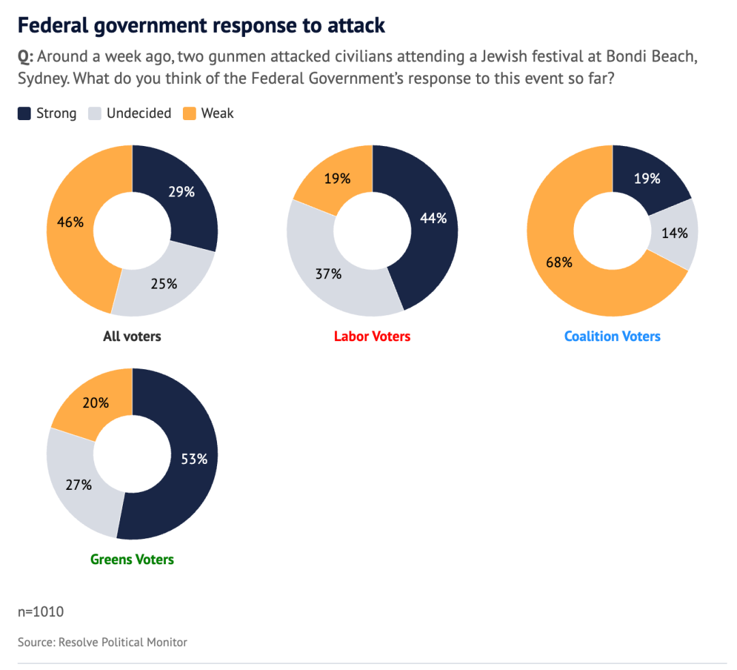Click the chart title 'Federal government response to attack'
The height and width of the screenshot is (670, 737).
[201, 26]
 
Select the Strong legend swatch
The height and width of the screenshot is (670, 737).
[25, 114]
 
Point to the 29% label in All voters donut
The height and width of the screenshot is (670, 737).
[182, 192]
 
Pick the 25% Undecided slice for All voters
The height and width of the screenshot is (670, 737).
[163, 283]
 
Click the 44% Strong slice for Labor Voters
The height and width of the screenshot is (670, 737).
[433, 218]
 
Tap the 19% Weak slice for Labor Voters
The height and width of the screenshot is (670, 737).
[337, 179]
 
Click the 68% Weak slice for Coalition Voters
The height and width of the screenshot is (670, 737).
[560, 262]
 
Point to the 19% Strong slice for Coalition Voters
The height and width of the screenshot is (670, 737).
[647, 179]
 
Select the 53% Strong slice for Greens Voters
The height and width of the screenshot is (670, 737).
[194, 459]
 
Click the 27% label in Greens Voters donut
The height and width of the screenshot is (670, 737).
[78, 485]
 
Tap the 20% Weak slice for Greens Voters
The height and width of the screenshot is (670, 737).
[96, 403]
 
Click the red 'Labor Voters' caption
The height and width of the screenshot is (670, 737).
[372, 336]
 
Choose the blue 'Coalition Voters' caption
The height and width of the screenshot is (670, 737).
[612, 336]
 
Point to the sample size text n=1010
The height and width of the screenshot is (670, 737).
[41, 612]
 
